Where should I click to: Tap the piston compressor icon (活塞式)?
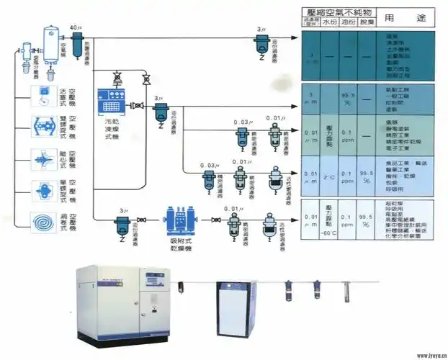44,93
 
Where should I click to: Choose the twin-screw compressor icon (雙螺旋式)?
44,123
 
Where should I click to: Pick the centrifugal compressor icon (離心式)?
44,156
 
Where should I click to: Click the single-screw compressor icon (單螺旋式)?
44,189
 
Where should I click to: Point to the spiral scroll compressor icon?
44,220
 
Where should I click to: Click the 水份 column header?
328,23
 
